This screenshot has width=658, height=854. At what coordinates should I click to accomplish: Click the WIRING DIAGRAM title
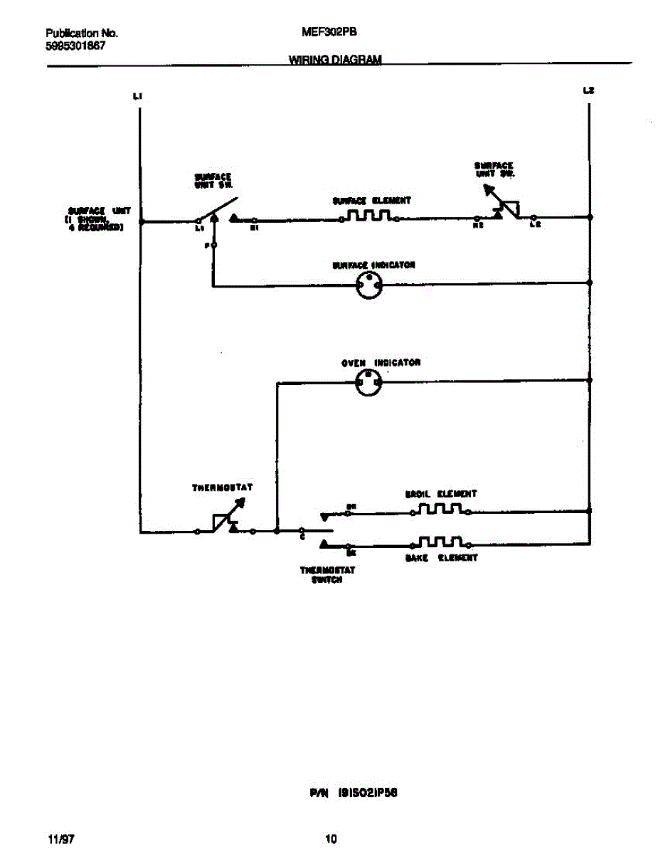pyautogui.click(x=334, y=60)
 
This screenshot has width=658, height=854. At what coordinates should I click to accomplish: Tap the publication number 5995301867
pyautogui.click(x=75, y=45)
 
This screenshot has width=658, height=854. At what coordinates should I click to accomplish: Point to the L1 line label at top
pyautogui.click(x=138, y=95)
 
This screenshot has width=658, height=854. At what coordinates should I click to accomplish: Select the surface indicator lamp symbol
pyautogui.click(x=369, y=286)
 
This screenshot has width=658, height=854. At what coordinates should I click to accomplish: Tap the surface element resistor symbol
pyautogui.click(x=370, y=216)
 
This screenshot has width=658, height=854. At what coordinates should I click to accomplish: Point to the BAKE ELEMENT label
pyautogui.click(x=441, y=558)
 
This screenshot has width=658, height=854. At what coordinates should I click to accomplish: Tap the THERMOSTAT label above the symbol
pyautogui.click(x=222, y=488)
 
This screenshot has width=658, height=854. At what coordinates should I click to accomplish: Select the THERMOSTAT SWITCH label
pyautogui.click(x=327, y=574)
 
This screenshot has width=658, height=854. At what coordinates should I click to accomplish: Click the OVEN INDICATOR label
pyautogui.click(x=381, y=363)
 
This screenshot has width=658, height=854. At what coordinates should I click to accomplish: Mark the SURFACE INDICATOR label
pyautogui.click(x=373, y=265)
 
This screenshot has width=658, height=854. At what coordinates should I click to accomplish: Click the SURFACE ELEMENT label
pyautogui.click(x=371, y=201)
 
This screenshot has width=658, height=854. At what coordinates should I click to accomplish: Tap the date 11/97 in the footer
pyautogui.click(x=61, y=839)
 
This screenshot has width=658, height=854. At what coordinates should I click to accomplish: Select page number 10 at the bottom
pyautogui.click(x=331, y=839)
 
